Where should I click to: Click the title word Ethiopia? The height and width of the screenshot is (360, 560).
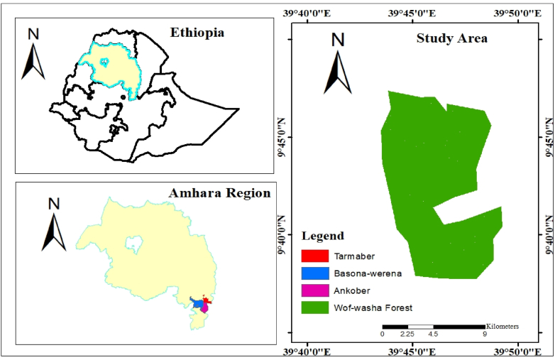pos(197,32)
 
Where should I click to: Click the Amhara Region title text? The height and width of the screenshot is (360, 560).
pos(219,193)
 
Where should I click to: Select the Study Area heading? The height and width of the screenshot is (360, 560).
pos(451,38)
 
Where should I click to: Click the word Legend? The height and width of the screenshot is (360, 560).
pos(323,236)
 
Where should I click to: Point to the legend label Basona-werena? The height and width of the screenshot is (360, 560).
pos(366,273)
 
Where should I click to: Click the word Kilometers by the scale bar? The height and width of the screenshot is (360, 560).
pos(503,326)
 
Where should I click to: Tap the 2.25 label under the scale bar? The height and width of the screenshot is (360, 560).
pos(407,334)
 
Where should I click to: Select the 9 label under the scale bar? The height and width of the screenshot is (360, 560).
pos(484,334)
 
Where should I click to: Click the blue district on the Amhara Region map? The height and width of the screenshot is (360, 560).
pos(194,303)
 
